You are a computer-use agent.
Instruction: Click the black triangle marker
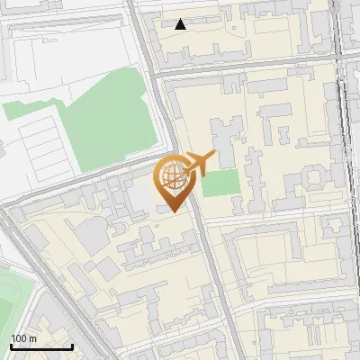click(x=181, y=24)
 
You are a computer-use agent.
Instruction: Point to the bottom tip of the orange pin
click(x=175, y=212)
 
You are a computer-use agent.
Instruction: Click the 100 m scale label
click(x=23, y=337)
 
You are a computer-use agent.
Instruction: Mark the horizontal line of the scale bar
click(x=40, y=346)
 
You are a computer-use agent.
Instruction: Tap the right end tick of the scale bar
click(x=72, y=345)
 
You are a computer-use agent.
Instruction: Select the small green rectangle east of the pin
click(x=221, y=183)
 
